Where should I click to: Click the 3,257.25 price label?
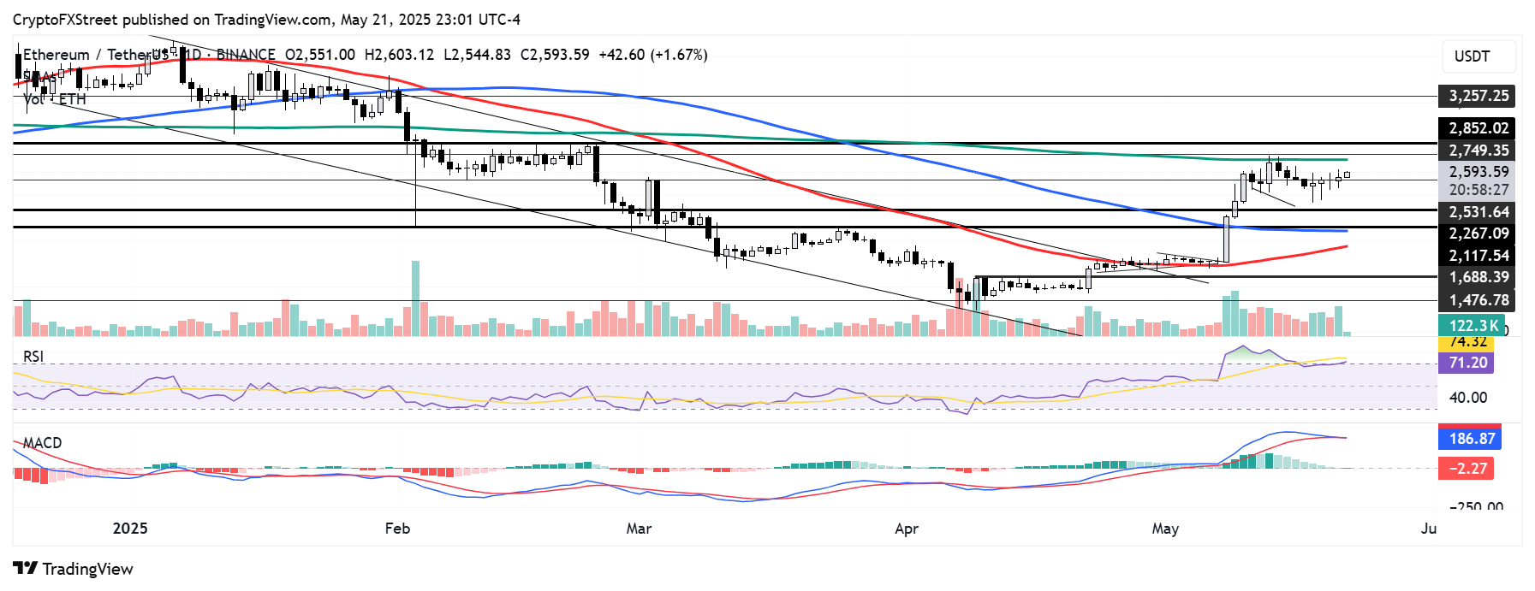pos(1478,96)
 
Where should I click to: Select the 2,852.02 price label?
pos(1478,128)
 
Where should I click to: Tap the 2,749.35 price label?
pos(1478,151)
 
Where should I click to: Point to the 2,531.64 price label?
pos(1478,212)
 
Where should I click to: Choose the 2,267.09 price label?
pos(1478,233)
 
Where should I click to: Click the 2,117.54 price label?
pos(1478,256)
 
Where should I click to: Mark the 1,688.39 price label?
pos(1478,277)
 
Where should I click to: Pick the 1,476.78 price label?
pos(1478,300)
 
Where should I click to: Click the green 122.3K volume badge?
pos(1472,325)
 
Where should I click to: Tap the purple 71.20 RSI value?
pos(1467,363)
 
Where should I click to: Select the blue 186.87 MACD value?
pos(1471,439)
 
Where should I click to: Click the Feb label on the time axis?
pos(397,529)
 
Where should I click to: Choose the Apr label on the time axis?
pos(907,529)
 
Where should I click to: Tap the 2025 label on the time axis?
pos(130,529)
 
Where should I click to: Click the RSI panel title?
pos(33,357)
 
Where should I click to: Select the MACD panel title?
pos(42,443)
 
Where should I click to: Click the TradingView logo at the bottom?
pos(74,570)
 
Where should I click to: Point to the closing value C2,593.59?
pos(555,55)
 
